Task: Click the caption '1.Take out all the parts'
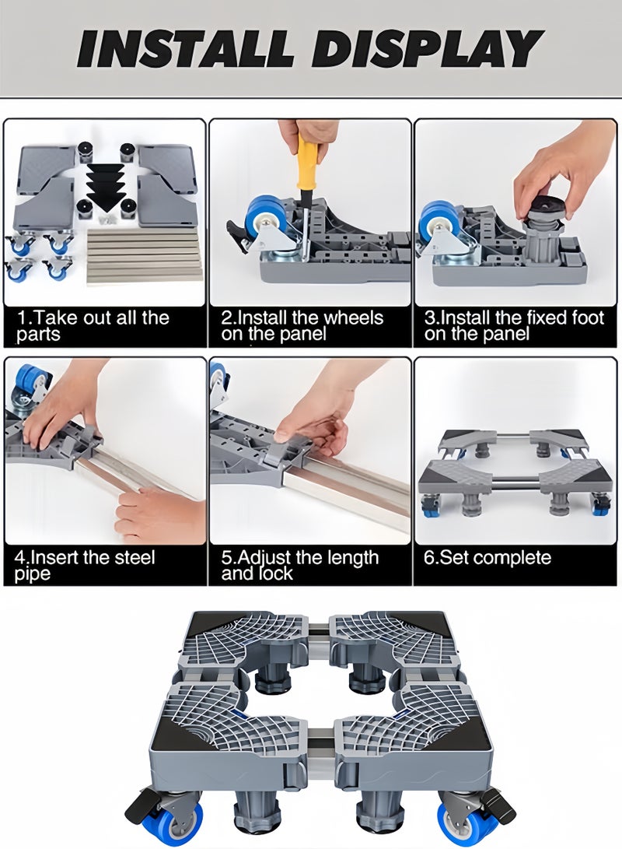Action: pos(93,325)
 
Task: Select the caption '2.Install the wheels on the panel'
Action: pos(302,325)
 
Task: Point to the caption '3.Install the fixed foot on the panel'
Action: pos(514,325)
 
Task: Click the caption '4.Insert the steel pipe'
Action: pos(85,565)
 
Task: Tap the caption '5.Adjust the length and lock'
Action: pos(300,565)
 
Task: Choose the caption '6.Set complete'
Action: pos(487,558)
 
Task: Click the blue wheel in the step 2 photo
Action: pos(263,221)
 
